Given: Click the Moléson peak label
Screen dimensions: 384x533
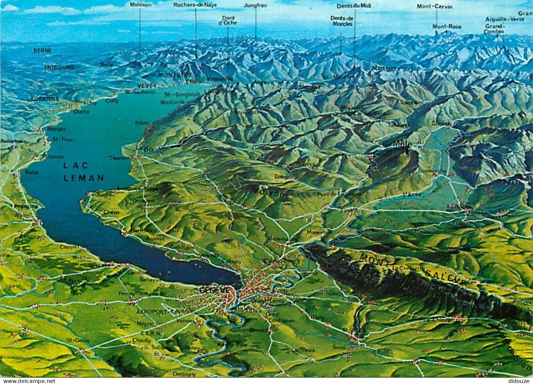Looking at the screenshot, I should (x=141, y=5).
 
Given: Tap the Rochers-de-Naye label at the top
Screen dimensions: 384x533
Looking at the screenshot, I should (x=195, y=5).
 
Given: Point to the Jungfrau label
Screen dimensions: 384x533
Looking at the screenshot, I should (x=255, y=5).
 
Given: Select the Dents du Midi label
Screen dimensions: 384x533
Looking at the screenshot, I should (x=354, y=6).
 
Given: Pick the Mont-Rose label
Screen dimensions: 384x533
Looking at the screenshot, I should (x=447, y=26).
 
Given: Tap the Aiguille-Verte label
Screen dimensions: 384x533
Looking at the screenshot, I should (x=505, y=19).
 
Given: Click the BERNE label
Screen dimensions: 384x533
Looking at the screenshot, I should (x=42, y=51).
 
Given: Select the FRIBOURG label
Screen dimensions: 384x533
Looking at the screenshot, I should (x=59, y=68).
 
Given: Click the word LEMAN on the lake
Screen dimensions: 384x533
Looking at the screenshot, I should (x=84, y=178).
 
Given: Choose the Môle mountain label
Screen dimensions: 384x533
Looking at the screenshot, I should (x=402, y=144).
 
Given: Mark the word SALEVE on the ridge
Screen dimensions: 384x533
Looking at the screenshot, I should (x=445, y=276).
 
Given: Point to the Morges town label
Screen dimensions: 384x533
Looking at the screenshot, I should (x=56, y=129).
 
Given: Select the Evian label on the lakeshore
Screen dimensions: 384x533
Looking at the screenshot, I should (x=142, y=123).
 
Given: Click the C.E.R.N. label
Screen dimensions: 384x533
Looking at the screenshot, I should (x=150, y=333).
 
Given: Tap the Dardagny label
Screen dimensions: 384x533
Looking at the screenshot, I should (x=184, y=374).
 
